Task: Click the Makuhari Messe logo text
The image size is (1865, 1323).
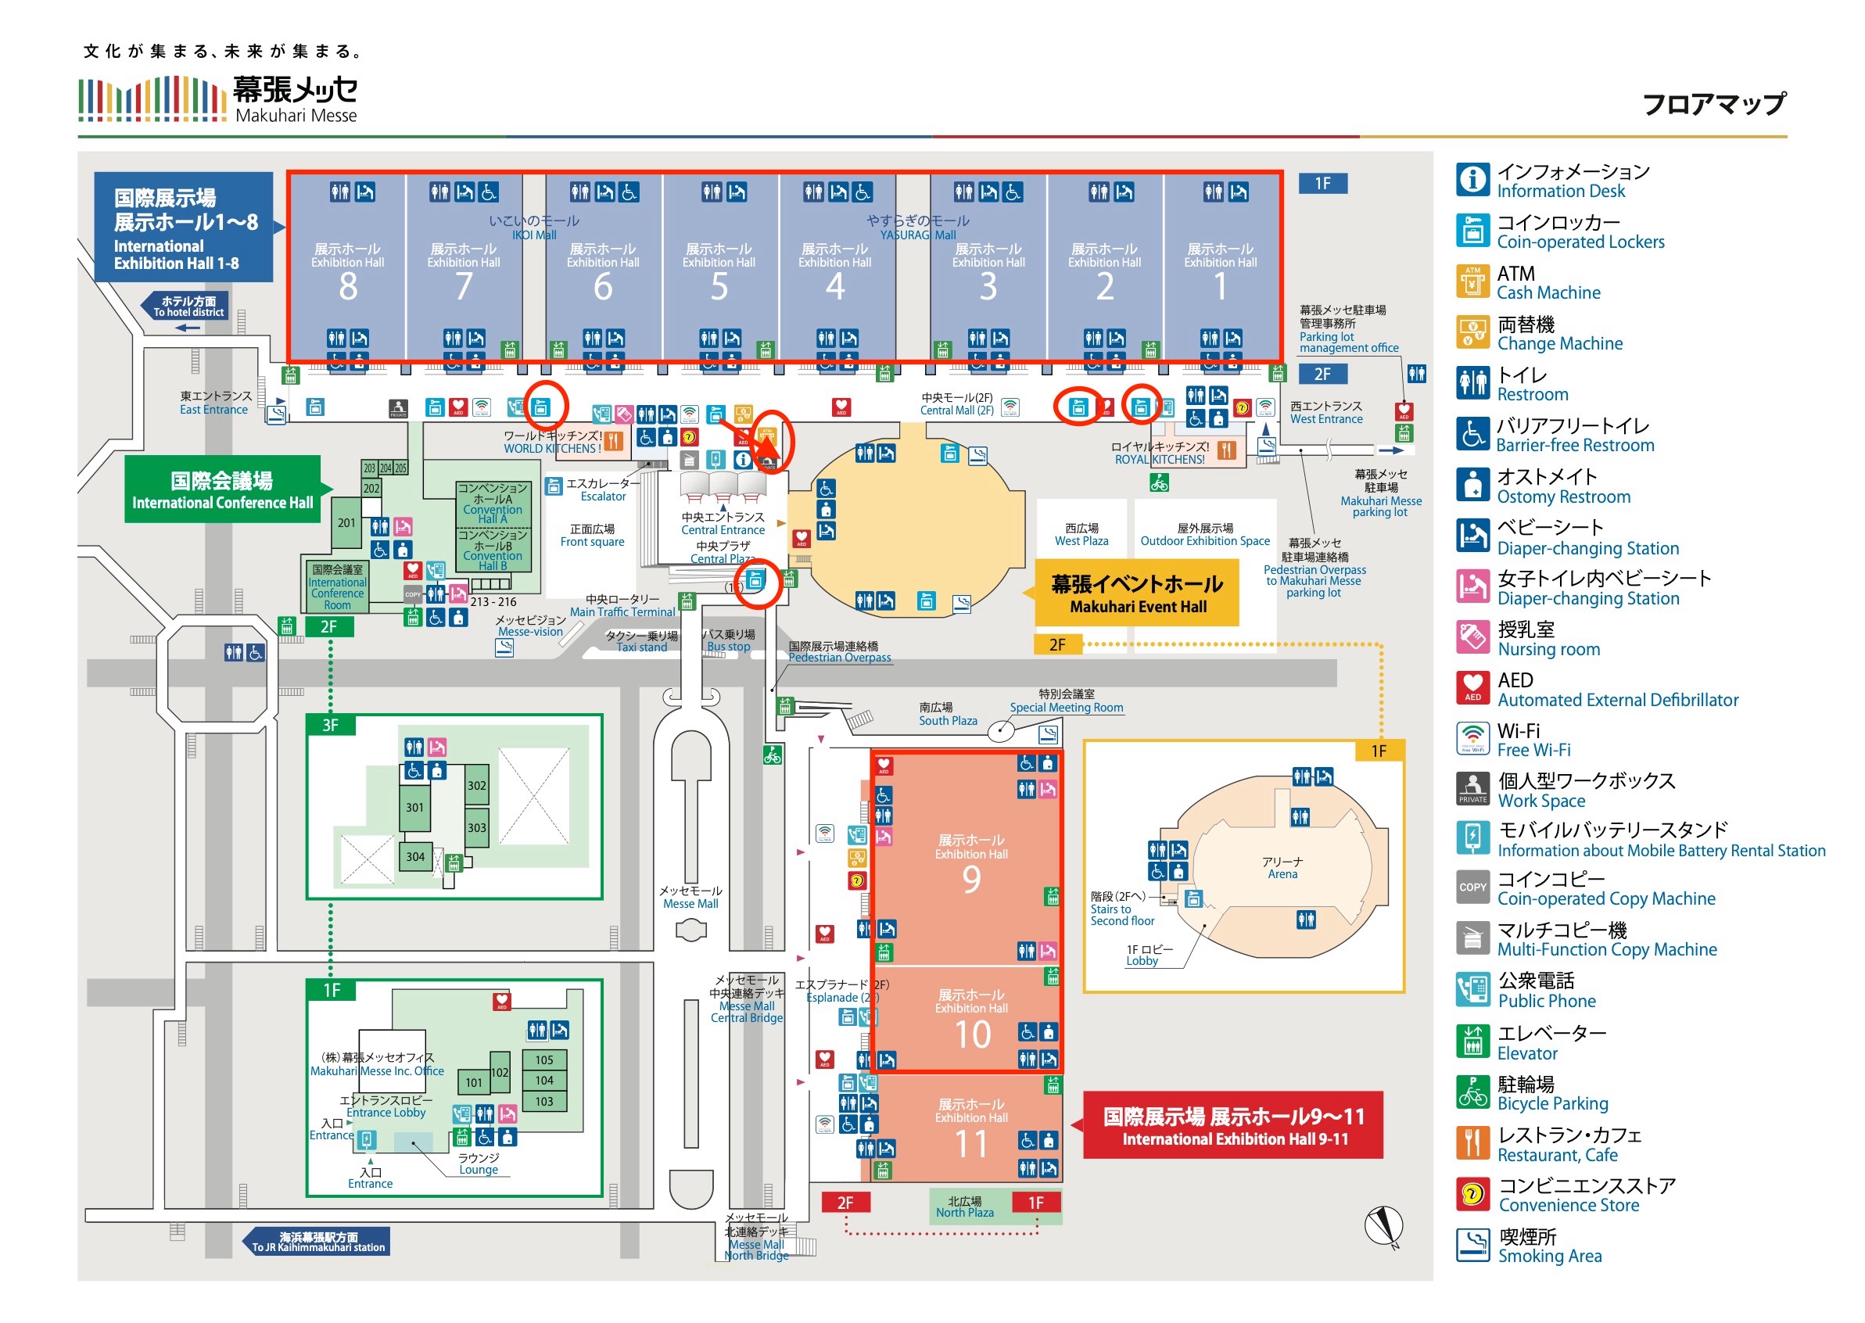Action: (294, 99)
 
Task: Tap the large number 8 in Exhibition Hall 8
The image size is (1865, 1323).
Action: (348, 287)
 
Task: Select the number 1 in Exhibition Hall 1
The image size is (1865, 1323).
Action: (1220, 287)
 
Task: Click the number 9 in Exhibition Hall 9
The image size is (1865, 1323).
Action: (971, 879)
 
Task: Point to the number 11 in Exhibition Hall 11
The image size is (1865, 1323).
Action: (971, 1144)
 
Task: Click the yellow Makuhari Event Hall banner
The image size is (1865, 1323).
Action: (1137, 593)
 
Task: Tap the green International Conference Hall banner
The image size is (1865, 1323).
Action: (221, 489)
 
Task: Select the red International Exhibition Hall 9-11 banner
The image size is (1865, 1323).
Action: (1232, 1125)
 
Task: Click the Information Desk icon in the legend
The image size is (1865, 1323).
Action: (1472, 179)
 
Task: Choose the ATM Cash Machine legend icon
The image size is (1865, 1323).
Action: (1472, 281)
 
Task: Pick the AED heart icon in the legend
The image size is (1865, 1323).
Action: (1472, 688)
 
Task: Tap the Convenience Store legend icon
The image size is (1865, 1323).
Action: (1472, 1194)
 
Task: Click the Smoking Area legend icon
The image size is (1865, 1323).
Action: (1472, 1245)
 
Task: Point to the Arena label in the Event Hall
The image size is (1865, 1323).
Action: (1282, 868)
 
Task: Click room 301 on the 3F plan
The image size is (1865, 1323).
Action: (414, 807)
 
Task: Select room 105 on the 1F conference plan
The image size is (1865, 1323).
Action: (544, 1059)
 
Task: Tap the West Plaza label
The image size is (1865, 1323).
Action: (1081, 534)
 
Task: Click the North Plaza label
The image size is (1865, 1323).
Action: (965, 1206)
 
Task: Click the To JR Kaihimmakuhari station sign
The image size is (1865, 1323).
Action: (317, 1242)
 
